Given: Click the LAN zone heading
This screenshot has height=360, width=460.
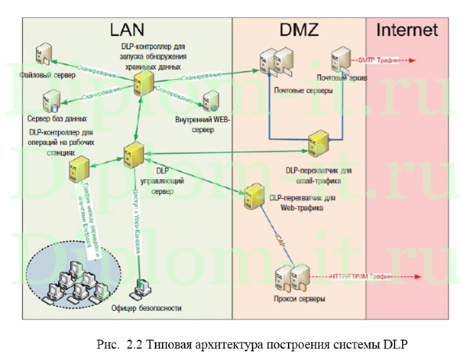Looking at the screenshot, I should pos(128,31).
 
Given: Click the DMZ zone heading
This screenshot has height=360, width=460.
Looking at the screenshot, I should pos(298,31).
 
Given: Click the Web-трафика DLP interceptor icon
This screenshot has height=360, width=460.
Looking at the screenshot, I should pos(253,193).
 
